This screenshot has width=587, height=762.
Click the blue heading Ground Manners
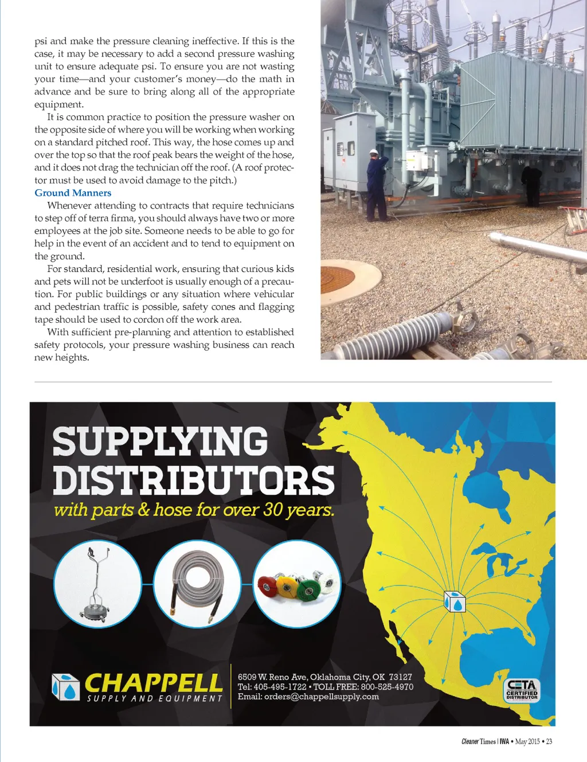[x=73, y=193]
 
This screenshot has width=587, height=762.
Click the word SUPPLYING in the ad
[x=160, y=441]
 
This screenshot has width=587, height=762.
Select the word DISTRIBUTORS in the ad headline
[x=194, y=480]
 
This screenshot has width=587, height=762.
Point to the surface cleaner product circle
[x=97, y=584]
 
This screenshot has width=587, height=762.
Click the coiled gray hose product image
[x=197, y=584]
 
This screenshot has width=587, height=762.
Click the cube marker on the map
[x=455, y=601]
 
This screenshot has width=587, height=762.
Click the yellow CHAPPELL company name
[x=153, y=683]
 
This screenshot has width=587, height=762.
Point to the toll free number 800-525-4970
[x=387, y=687]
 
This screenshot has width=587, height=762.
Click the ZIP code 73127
[x=400, y=677]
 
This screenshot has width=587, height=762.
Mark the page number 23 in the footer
[x=549, y=742]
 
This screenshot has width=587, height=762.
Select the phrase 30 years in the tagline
[x=298, y=510]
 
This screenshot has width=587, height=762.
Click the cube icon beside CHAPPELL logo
[x=65, y=687]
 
